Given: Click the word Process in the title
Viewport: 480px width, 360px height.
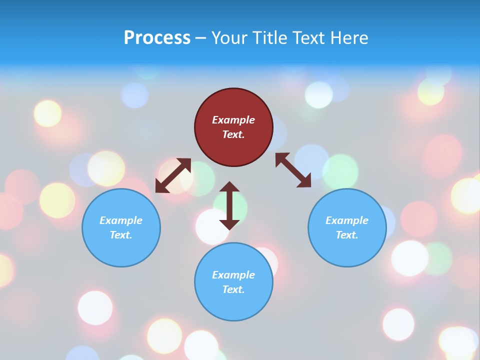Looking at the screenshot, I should tap(157, 38).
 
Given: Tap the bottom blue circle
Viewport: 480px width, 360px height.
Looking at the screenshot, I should tap(233, 305).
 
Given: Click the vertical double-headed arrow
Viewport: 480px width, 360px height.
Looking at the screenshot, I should tap(229, 205).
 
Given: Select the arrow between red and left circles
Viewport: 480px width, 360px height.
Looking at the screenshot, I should tap(173, 175).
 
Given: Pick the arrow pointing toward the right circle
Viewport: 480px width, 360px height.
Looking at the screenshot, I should tap(293, 170).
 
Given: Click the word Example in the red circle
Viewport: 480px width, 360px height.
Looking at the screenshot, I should tap(233, 120).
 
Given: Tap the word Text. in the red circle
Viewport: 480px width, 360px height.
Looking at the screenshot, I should tap(233, 134).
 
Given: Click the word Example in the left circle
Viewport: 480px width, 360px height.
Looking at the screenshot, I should tap(121, 220).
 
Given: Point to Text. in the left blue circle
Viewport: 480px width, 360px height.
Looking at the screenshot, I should tap(121, 235).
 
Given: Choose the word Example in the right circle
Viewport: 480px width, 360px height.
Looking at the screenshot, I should tap(347, 220).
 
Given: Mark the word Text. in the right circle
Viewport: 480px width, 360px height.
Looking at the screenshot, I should tap(347, 235).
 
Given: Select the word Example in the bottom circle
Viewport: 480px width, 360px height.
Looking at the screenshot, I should tap(233, 275).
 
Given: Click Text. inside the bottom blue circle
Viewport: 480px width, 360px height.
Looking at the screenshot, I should tap(233, 289).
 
